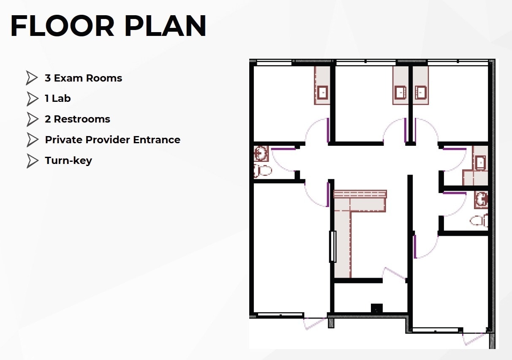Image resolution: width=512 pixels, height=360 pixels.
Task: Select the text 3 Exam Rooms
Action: click(83, 78)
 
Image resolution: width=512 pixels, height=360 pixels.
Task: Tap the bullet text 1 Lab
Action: click(57, 98)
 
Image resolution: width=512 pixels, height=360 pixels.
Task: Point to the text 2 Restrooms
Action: click(77, 119)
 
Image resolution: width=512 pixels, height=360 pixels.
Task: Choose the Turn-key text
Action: click(68, 161)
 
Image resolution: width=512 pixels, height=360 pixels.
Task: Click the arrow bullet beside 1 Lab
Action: click(32, 98)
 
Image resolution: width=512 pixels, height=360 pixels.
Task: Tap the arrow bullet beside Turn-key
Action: click(32, 161)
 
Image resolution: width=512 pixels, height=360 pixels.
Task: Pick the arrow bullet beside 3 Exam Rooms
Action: click(32, 78)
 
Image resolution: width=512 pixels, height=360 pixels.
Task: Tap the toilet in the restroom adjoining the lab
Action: click(479, 221)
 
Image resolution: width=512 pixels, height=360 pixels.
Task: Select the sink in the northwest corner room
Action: click(323, 92)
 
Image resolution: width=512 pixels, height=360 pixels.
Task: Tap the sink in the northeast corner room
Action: click(420, 92)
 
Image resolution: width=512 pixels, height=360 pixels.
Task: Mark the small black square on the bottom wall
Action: click(376, 308)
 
